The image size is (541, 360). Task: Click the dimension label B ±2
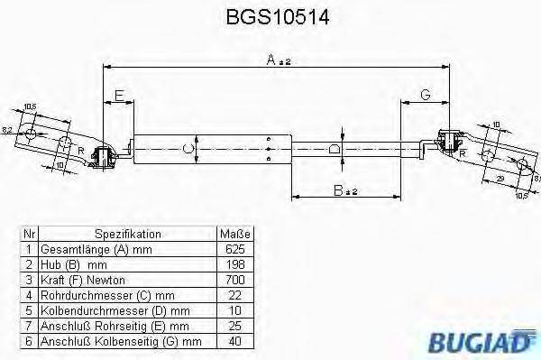pyautogui.click(x=344, y=190)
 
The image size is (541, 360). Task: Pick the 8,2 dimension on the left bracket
pyautogui.click(x=8, y=132)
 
